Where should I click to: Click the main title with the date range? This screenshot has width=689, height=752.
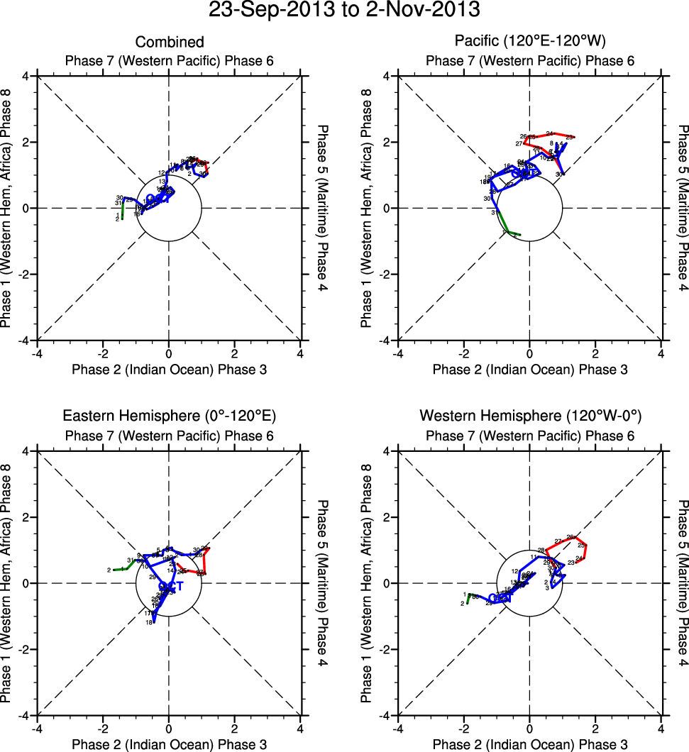coord(344,11)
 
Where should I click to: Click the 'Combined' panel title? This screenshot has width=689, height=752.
coord(169,43)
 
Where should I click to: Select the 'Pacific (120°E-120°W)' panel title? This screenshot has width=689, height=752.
coord(529,41)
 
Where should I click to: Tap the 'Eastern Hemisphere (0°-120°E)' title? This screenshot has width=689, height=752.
coord(169,416)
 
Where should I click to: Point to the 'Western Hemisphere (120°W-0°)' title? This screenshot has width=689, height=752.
coord(529,416)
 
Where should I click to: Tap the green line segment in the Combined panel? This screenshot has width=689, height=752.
coord(123,211)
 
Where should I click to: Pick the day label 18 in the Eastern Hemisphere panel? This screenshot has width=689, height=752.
coord(149,623)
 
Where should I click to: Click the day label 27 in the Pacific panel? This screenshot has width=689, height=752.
coord(519,144)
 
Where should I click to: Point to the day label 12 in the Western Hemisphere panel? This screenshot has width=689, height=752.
coord(514,572)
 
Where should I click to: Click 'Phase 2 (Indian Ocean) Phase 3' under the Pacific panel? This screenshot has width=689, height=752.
coord(529,369)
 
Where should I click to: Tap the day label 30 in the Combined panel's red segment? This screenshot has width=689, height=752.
coord(203,174)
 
